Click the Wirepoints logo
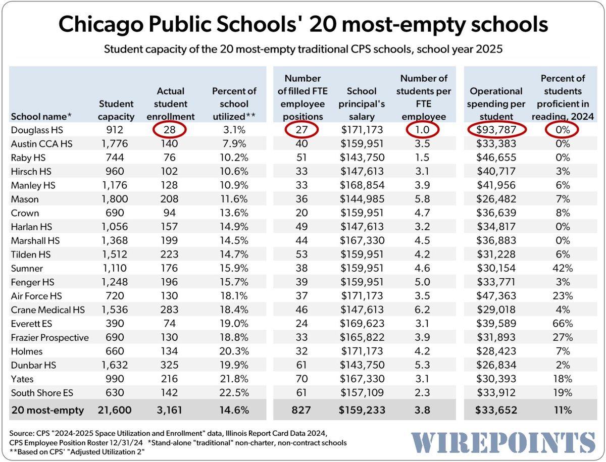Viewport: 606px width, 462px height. click(503, 442)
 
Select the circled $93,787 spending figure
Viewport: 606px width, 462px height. click(496, 130)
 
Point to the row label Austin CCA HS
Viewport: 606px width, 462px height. click(41, 144)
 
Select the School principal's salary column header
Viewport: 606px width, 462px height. click(362, 104)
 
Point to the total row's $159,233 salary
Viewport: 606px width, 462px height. click(362, 410)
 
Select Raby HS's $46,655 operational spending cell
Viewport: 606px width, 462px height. click(496, 158)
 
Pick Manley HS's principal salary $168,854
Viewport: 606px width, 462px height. click(362, 185)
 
